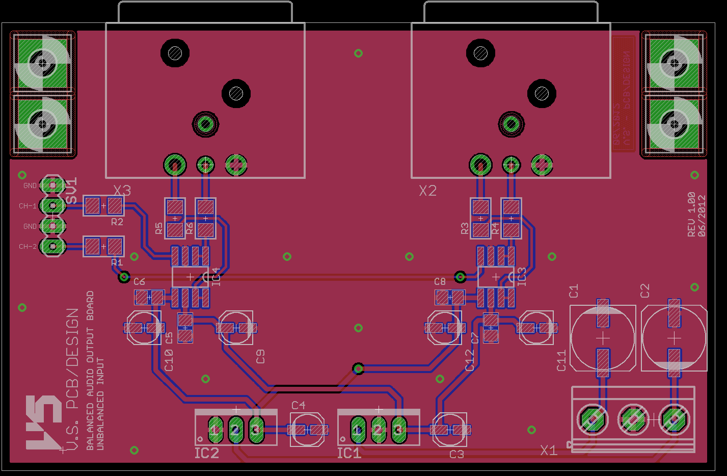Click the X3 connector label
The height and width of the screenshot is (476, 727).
(122, 191)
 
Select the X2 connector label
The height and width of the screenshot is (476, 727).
(428, 191)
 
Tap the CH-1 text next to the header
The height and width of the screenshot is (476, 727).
(28, 206)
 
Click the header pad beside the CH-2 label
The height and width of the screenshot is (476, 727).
(52, 247)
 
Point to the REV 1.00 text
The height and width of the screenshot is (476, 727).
(691, 214)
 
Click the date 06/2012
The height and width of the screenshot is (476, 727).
(702, 216)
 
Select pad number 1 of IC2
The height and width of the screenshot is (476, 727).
(214, 430)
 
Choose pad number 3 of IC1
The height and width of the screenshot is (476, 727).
(398, 430)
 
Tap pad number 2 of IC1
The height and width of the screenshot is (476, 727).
(378, 430)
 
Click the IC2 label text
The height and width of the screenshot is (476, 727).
(207, 453)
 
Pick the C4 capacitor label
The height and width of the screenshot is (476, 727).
(299, 405)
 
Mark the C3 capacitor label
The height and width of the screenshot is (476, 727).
(456, 454)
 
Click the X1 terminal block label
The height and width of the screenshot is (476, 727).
(549, 451)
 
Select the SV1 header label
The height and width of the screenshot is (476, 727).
(72, 191)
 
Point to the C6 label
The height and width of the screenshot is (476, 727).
(139, 281)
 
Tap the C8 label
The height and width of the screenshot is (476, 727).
(440, 281)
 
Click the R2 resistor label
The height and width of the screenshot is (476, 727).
(117, 222)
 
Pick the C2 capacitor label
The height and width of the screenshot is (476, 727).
(645, 291)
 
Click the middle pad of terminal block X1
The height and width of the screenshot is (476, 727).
(633, 419)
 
